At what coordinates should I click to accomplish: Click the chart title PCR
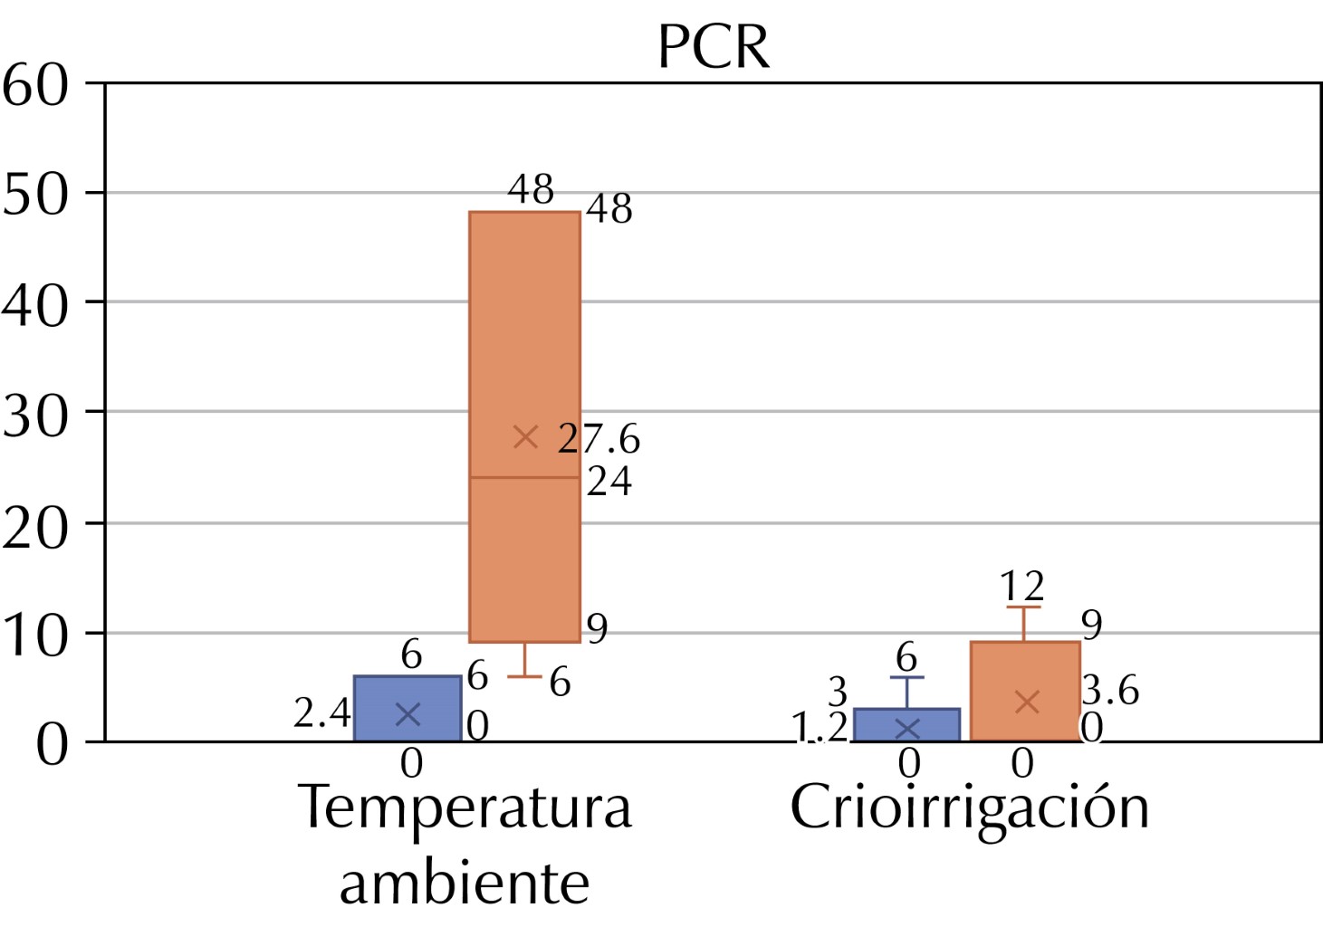(x=714, y=47)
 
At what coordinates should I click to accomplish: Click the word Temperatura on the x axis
(x=465, y=808)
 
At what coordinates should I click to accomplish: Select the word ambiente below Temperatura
(x=465, y=883)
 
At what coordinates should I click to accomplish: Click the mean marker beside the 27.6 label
(x=525, y=437)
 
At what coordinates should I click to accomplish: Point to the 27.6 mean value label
(x=599, y=439)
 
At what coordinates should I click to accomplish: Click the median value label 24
(x=609, y=482)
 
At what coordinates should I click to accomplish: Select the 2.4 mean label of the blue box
(x=321, y=713)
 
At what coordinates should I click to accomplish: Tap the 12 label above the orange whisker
(x=1022, y=587)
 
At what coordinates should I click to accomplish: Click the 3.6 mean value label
(x=1110, y=691)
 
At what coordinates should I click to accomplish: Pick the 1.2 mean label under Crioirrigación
(x=820, y=726)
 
